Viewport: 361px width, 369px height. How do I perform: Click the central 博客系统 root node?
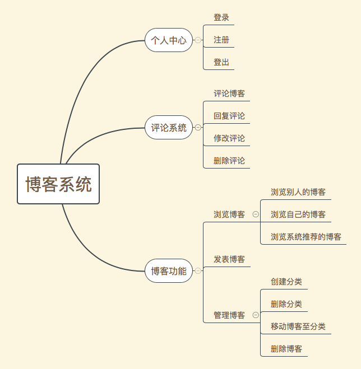point(58,184)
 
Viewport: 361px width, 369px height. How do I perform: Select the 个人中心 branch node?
point(169,40)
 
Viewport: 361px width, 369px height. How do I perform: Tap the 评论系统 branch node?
point(169,128)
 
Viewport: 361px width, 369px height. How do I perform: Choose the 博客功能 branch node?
point(169,271)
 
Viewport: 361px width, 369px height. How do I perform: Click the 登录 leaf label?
point(221,18)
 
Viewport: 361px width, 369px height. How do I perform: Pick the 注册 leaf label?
point(221,40)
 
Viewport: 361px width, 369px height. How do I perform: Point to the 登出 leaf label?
point(221,62)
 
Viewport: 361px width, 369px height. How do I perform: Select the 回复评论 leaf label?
point(229,116)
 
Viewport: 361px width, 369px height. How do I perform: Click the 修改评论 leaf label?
point(229,138)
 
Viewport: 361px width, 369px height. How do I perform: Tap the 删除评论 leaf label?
point(229,161)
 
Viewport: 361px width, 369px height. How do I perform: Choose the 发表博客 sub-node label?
point(229,260)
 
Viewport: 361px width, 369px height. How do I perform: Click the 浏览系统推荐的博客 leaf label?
point(306,237)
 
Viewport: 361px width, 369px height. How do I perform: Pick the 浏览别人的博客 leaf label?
point(298,192)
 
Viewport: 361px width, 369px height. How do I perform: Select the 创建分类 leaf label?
point(286,282)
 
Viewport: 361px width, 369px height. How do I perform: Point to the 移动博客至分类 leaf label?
point(298,326)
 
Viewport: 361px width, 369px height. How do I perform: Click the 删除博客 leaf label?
point(286,349)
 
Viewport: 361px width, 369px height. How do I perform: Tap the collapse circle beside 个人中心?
point(198,40)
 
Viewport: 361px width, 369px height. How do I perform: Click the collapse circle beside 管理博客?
point(256,315)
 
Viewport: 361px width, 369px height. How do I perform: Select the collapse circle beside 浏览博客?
point(256,214)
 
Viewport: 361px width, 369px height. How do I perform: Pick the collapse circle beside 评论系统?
point(198,128)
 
